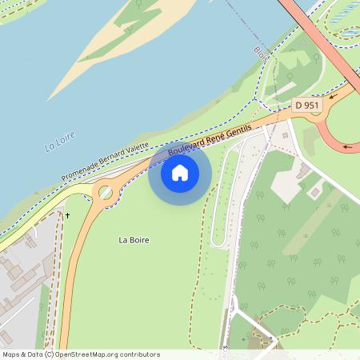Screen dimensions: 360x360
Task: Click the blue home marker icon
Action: coord(180,172)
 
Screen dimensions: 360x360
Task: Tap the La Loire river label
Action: coord(60,142)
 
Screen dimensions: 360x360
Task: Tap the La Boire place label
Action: coord(134,240)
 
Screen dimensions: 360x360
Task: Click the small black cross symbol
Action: coord(67,215)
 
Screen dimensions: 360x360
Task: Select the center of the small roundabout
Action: coord(105,192)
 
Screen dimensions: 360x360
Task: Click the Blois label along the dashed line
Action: coord(259,54)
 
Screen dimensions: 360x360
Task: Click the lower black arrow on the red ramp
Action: coord(347,146)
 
